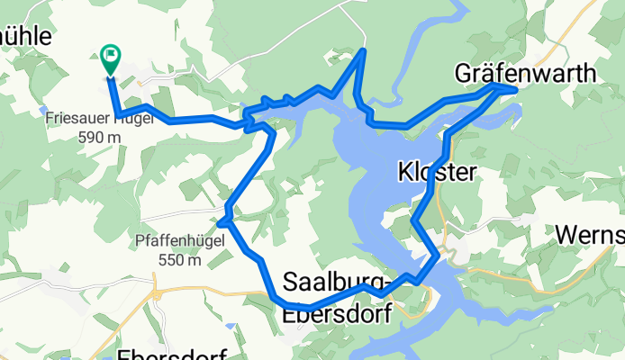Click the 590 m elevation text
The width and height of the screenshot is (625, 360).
[x=100, y=137]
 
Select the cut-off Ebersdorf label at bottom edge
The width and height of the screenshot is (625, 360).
[x=172, y=352]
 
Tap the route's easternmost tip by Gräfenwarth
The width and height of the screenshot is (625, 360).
[x=515, y=88]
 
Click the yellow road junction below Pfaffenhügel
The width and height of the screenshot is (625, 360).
[x=155, y=293]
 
